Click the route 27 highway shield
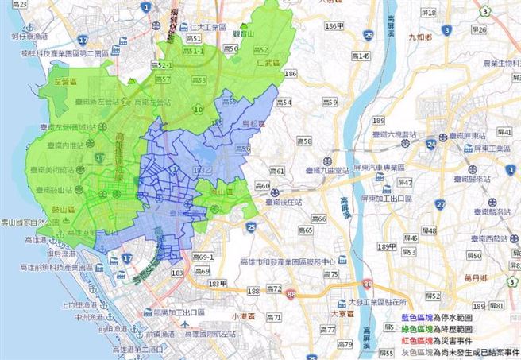pos(440,204)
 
